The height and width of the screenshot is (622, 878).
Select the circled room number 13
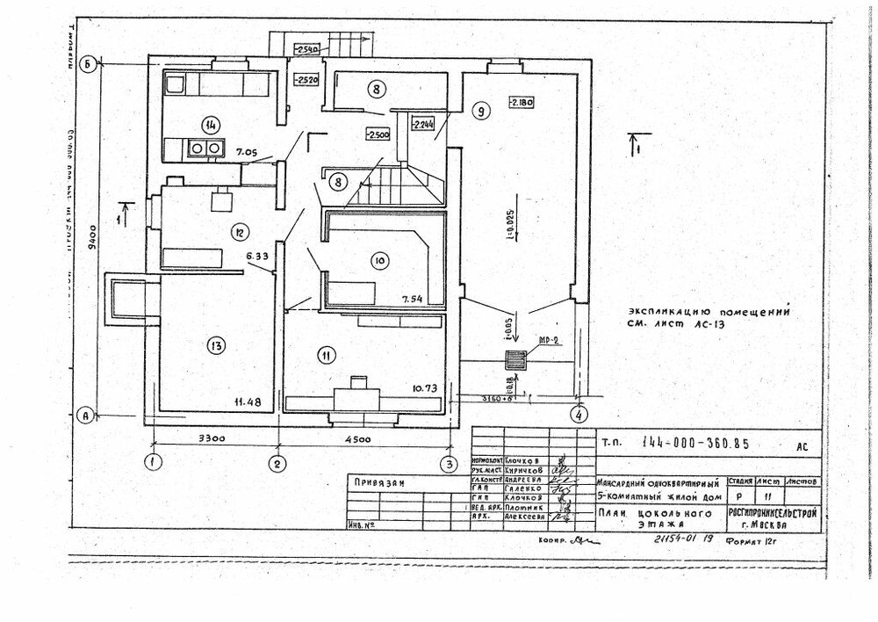tap(215, 345)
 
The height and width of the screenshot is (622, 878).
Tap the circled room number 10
tap(378, 261)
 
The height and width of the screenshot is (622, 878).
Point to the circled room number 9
tap(479, 111)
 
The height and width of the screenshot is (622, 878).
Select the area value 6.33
tap(257, 257)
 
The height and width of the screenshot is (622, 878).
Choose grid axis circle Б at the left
tap(88, 63)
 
